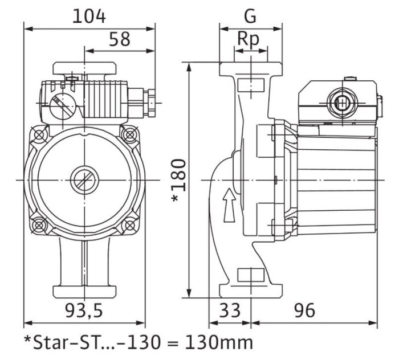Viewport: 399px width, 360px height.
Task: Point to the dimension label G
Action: (x=250, y=16)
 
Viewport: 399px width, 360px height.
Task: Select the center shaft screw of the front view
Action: (x=84, y=181)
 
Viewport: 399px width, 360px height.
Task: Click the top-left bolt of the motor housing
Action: (x=39, y=135)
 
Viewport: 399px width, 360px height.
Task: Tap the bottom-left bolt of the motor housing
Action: (x=39, y=226)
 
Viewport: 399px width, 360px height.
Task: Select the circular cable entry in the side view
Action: (x=341, y=104)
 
